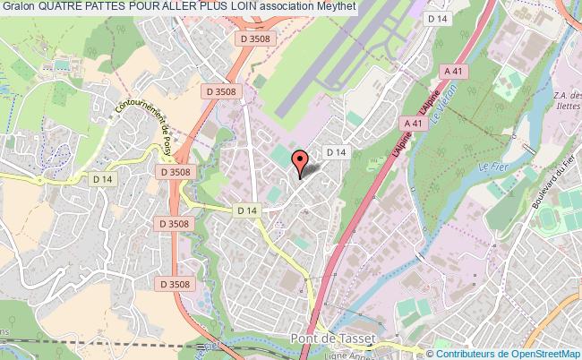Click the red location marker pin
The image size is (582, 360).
(301, 160)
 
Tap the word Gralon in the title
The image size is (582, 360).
(18, 8)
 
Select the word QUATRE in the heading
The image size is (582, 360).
(62, 8)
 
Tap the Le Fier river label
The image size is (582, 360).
(488, 167)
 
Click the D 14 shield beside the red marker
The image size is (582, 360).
(336, 153)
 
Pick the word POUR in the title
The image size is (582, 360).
(153, 8)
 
